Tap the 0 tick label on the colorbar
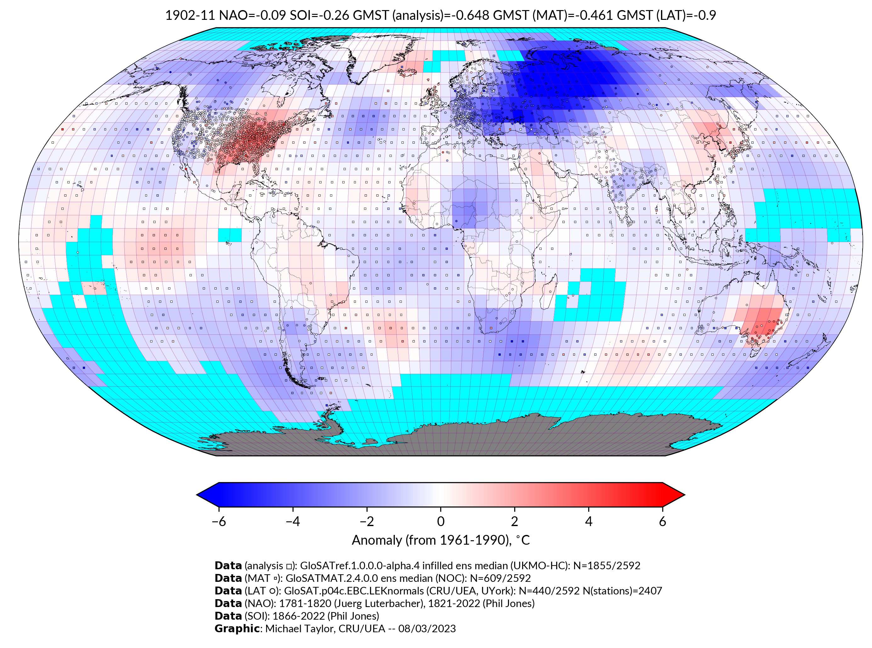click(x=441, y=521)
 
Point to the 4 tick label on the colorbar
click(x=589, y=521)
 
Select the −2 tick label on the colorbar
click(x=367, y=521)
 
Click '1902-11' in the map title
click(x=190, y=15)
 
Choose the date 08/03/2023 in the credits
click(x=427, y=628)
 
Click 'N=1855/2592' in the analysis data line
click(x=607, y=566)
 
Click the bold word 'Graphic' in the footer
click(x=237, y=628)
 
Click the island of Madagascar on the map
click(x=548, y=292)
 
